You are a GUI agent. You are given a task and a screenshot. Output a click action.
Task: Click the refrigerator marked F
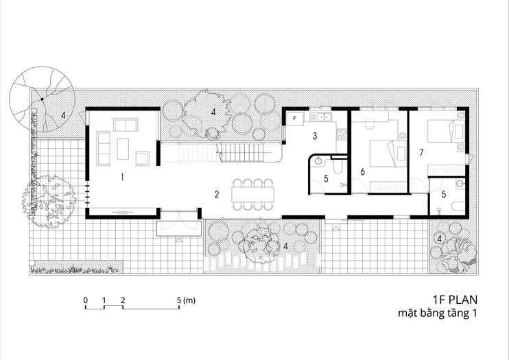pyautogui.click(x=295, y=119)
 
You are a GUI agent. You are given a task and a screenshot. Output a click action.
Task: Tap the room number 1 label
pyautogui.click(x=122, y=177)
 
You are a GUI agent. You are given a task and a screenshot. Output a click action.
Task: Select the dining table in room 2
pyautogui.click(x=253, y=195)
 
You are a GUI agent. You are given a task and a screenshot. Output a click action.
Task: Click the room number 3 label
pyautogui.click(x=315, y=136)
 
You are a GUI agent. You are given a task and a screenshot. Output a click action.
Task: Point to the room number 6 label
pyautogui.click(x=362, y=171)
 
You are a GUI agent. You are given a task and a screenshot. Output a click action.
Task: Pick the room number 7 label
pyautogui.click(x=421, y=152)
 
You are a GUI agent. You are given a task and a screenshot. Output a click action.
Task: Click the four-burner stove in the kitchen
pyautogui.click(x=342, y=134)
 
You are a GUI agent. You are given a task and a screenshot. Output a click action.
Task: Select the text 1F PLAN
pyautogui.click(x=455, y=299)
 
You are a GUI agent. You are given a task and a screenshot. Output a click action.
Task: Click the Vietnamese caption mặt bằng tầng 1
pyautogui.click(x=438, y=313)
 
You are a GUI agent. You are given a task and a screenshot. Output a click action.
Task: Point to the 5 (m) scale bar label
pyautogui.click(x=187, y=300)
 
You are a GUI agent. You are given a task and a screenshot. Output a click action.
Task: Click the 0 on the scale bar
pyautogui.click(x=85, y=300)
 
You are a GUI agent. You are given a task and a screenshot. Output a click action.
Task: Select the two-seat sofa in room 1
pyautogui.click(x=126, y=125)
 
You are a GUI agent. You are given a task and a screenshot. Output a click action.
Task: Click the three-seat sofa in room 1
pyautogui.click(x=104, y=148)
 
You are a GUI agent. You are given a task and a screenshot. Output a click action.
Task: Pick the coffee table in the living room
pyautogui.click(x=123, y=149)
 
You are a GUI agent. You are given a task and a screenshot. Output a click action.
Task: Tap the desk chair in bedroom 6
pyautogui.click(x=370, y=123)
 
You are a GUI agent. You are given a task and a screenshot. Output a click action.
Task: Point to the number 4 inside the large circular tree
pyautogui.click(x=63, y=115)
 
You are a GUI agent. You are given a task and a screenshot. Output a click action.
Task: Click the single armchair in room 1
pyautogui.click(x=143, y=158)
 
